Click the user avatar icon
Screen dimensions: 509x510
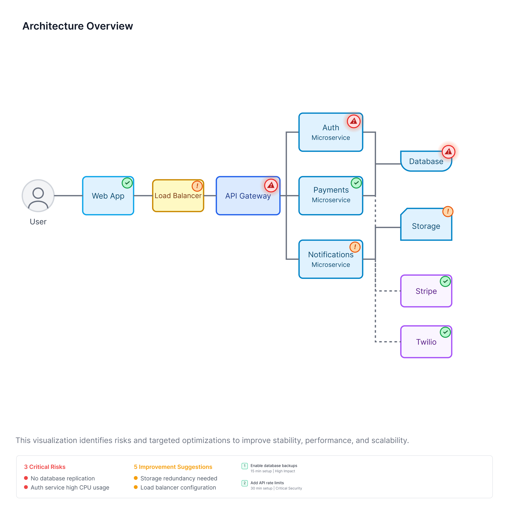click(38, 196)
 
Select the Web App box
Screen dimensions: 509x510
click(108, 196)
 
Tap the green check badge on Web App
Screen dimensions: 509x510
click(127, 183)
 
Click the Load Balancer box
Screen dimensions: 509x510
click(178, 196)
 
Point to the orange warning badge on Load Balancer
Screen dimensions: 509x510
click(197, 186)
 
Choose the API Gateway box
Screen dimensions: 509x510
click(248, 196)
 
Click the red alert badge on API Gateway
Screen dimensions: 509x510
click(271, 185)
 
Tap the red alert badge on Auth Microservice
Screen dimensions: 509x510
click(354, 121)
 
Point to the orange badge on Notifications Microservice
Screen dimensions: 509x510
click(355, 247)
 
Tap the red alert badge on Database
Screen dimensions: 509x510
click(448, 152)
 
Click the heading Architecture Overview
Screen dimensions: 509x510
click(78, 26)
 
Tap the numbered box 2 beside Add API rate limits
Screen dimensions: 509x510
click(245, 483)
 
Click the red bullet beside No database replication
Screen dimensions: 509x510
click(26, 478)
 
